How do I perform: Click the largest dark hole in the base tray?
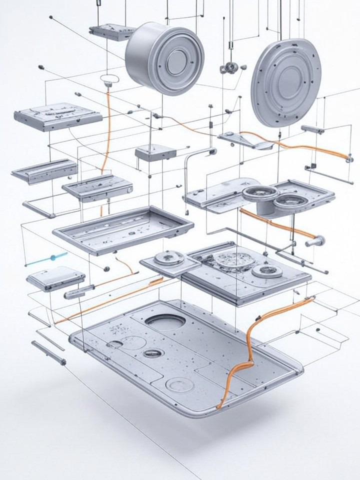tap(165, 322)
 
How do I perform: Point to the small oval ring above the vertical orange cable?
tap(108, 78)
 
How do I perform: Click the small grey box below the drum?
tap(155, 152)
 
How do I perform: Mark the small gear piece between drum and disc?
tap(229, 68)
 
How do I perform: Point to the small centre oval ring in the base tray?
tap(153, 353)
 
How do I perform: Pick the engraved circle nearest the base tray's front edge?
tap(179, 384)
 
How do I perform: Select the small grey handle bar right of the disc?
tap(312, 129)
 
